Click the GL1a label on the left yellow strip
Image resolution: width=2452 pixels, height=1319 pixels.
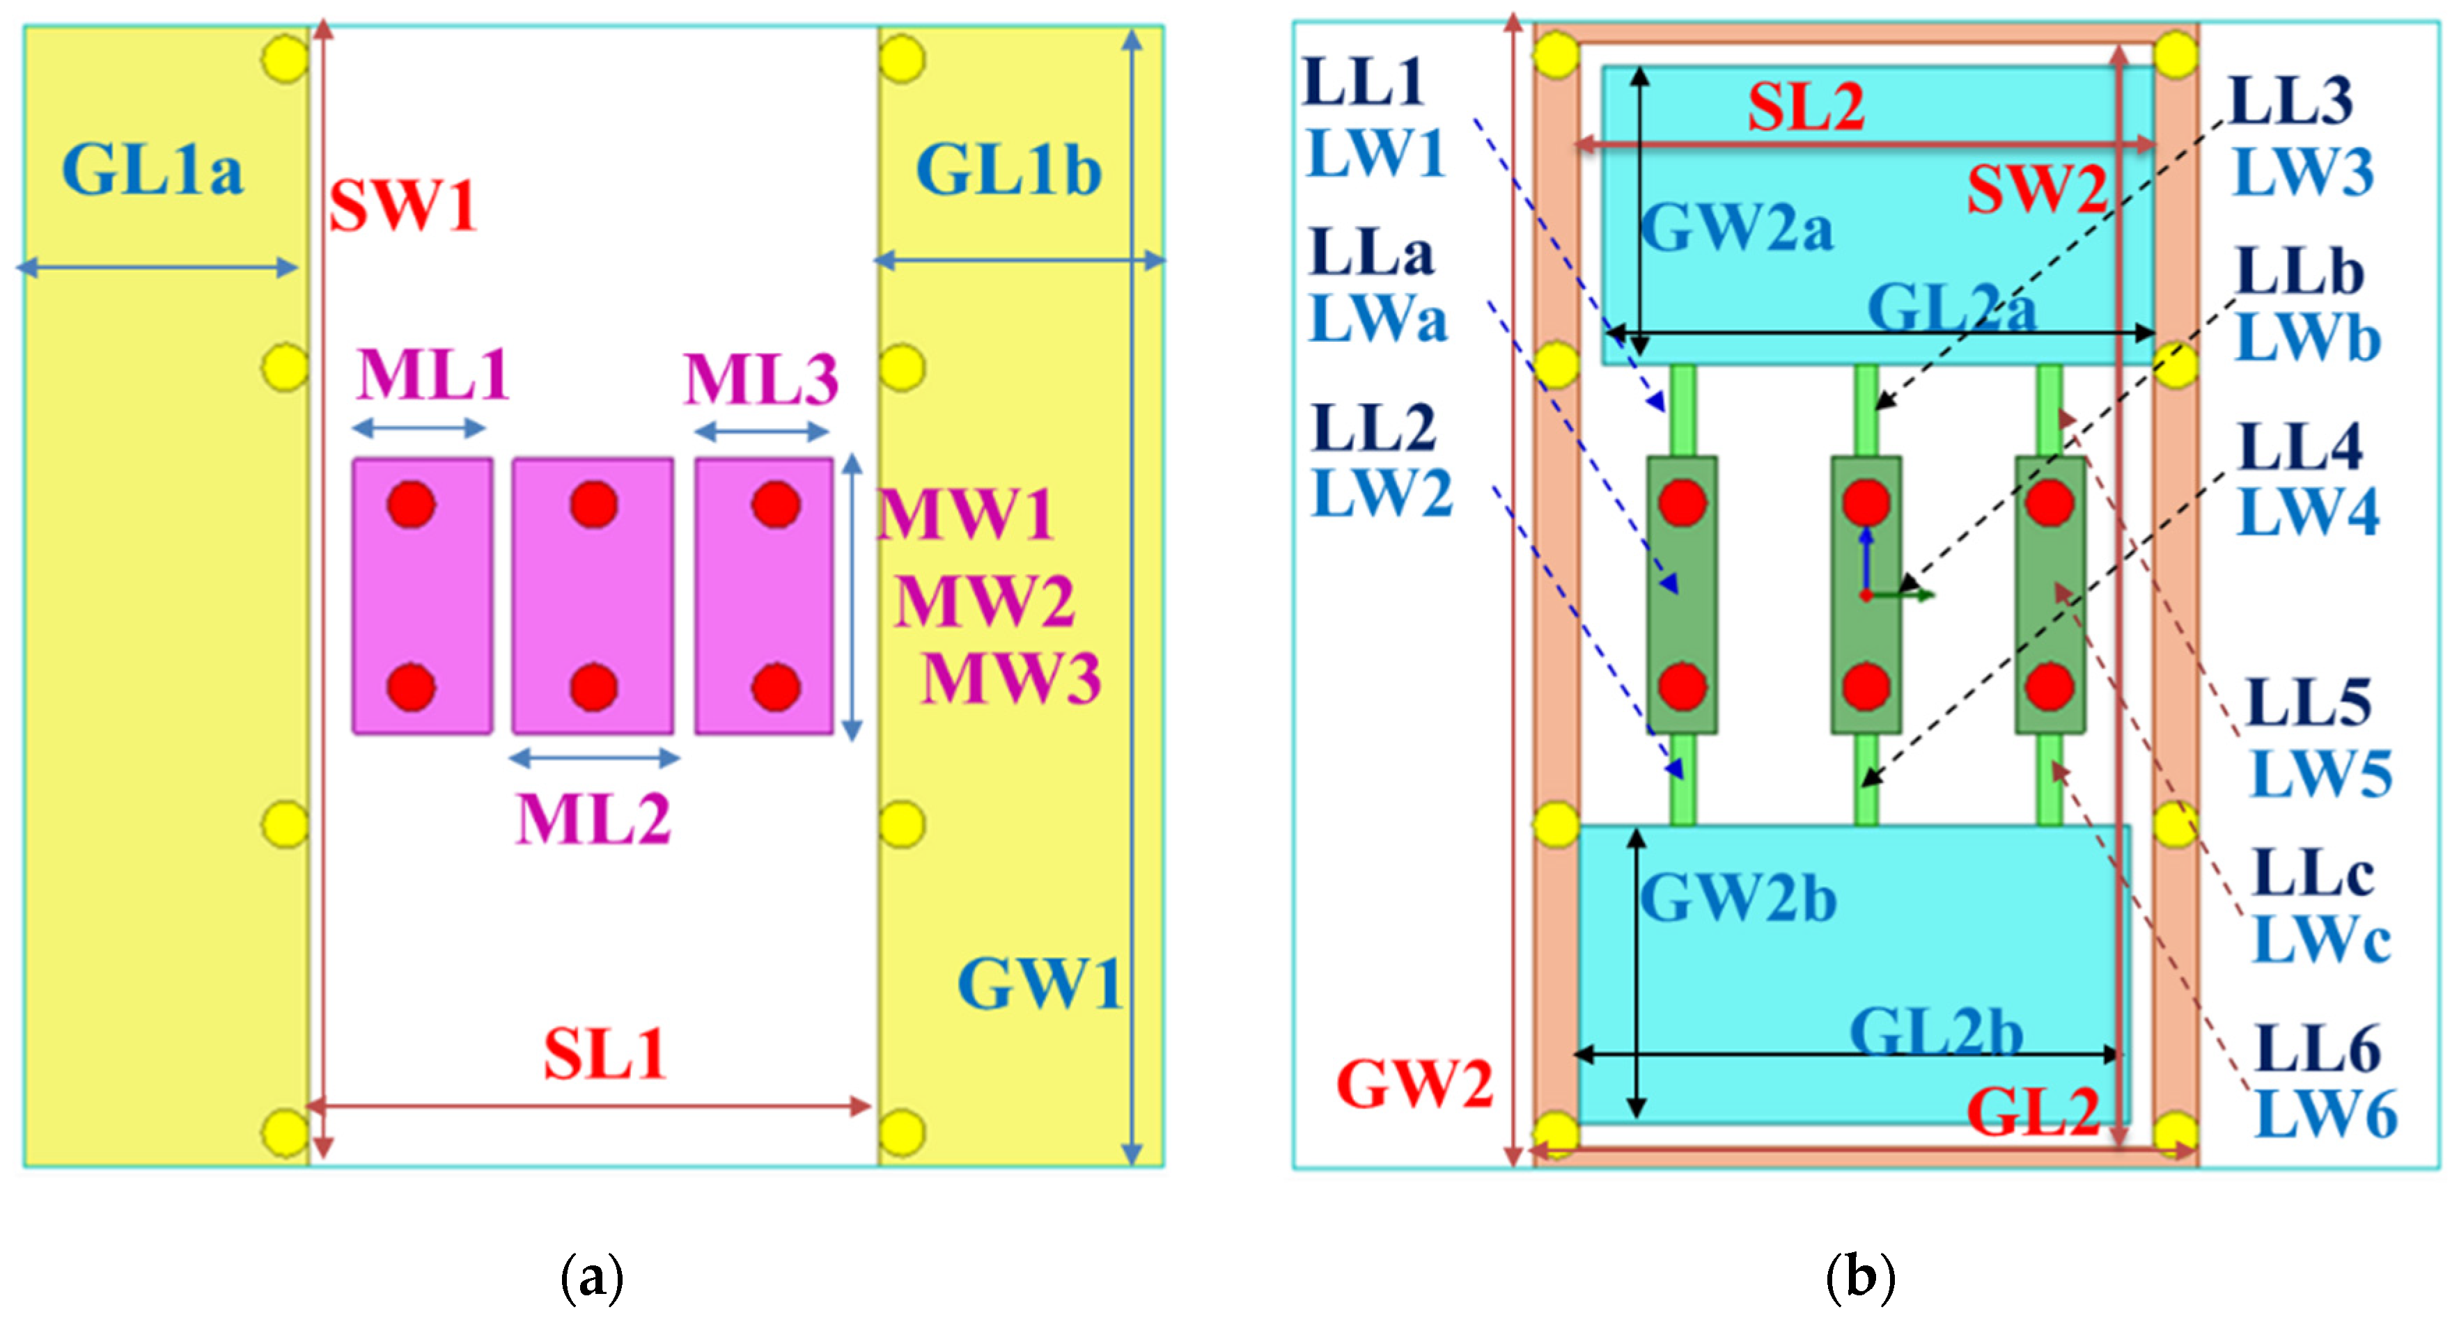click(x=153, y=169)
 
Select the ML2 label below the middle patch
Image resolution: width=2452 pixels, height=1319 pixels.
click(x=593, y=819)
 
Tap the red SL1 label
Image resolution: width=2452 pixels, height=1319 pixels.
click(x=604, y=1055)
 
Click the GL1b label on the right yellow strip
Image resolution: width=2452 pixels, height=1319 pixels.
click(x=1009, y=169)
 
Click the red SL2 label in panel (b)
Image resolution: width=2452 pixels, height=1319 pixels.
click(x=1806, y=106)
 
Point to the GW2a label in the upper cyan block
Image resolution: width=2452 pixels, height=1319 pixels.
click(x=1737, y=228)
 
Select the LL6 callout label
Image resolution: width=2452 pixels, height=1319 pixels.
click(x=2318, y=1049)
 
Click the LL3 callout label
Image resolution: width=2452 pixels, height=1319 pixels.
click(x=2291, y=101)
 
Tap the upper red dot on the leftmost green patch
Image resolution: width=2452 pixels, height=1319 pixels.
click(x=1682, y=503)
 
